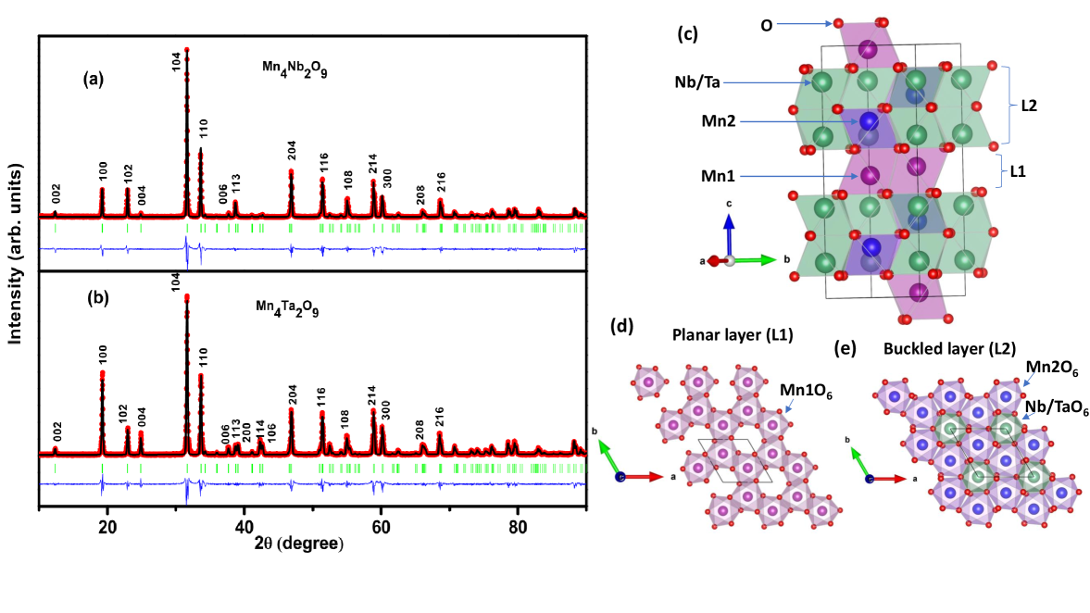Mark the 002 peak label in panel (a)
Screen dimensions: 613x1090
tap(56, 194)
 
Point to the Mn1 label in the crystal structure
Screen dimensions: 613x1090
tap(720, 173)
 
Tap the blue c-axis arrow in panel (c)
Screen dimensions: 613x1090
tap(730, 235)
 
